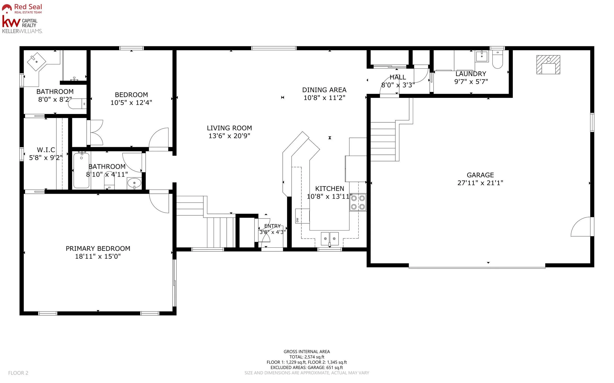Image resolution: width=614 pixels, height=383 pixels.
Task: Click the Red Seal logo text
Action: [x=28, y=7]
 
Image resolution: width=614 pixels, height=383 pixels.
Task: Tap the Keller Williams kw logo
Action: [x=11, y=22]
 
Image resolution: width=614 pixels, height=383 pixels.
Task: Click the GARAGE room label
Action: [x=480, y=175]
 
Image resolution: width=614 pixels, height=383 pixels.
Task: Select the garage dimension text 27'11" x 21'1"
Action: [x=480, y=183]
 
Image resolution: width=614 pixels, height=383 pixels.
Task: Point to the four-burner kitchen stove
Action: [x=358, y=202]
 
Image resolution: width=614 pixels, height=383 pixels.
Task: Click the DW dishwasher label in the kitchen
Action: [x=297, y=220]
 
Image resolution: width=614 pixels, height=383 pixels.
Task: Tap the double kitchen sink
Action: [x=330, y=239]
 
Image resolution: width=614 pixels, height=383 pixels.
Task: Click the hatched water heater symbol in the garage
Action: [x=548, y=65]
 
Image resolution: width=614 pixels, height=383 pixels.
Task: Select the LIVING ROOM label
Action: [x=229, y=128]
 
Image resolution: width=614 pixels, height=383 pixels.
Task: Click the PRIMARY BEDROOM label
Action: [x=98, y=248]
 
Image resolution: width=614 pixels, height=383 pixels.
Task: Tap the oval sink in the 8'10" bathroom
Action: [x=134, y=183]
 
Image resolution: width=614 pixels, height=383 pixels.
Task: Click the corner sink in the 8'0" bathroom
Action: [x=36, y=62]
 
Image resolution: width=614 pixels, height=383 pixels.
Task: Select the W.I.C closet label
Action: [x=46, y=150]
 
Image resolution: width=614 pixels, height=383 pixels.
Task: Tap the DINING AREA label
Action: [x=324, y=90]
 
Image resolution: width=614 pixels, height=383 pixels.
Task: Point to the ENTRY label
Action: [x=273, y=226]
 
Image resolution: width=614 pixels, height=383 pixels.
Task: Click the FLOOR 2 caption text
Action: [x=18, y=373]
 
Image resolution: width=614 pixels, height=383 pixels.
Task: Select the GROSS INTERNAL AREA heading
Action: [x=307, y=352]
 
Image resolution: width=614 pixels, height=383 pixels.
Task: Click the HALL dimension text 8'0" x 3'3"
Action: [x=398, y=85]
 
